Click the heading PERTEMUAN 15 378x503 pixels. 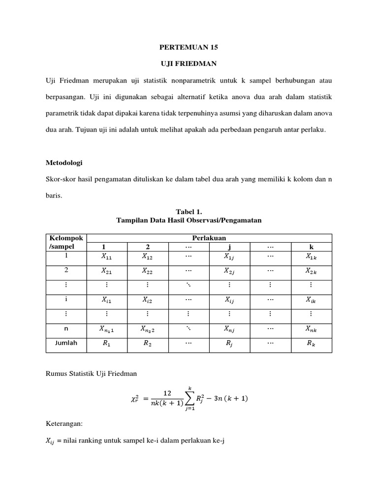(189, 48)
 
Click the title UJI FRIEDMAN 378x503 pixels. (189, 64)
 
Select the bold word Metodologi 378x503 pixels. (64, 163)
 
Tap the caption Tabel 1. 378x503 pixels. (189, 212)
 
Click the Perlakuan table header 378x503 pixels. (209, 238)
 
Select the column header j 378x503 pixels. (229, 247)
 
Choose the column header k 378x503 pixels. (311, 247)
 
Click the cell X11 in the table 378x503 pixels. (106, 256)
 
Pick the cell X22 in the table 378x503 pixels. (147, 270)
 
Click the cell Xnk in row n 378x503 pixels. (311, 329)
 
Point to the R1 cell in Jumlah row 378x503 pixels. (106, 344)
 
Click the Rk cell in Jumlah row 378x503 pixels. (311, 344)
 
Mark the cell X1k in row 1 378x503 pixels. (311, 256)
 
